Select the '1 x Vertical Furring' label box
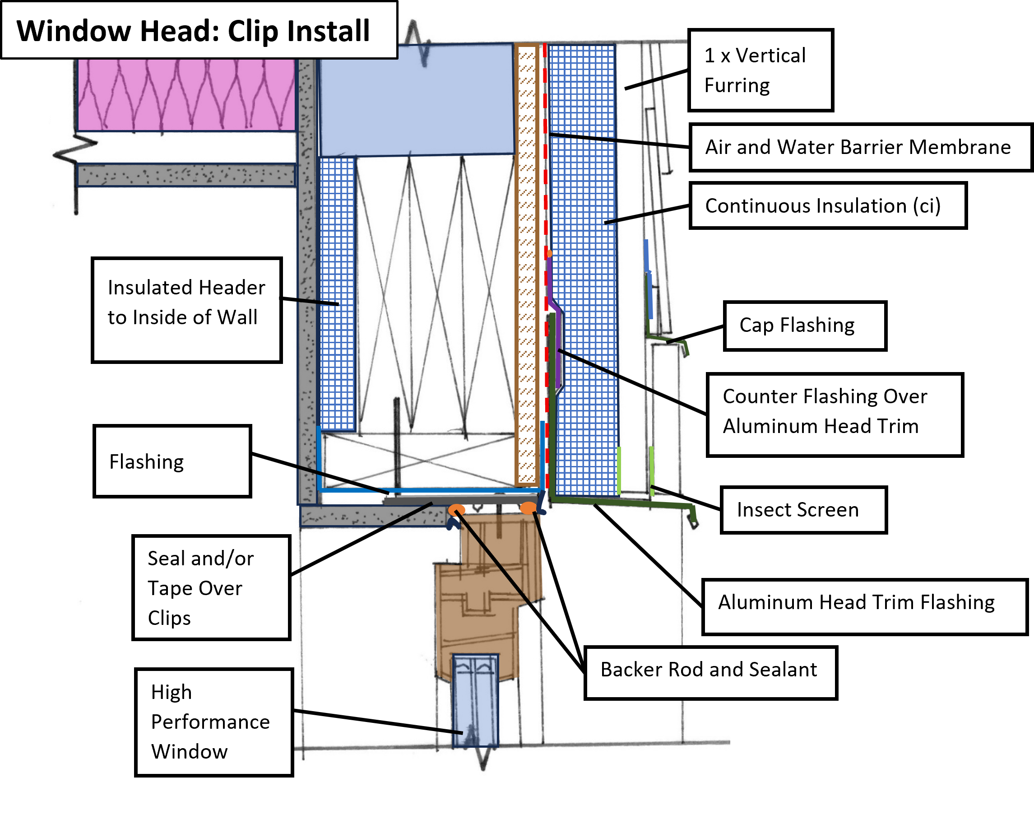pyautogui.click(x=760, y=70)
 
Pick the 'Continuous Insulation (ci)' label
pyautogui.click(x=828, y=205)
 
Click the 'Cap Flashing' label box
pyautogui.click(x=805, y=326)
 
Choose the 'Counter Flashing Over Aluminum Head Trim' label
pyautogui.click(x=835, y=414)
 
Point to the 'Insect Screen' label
pyautogui.click(x=804, y=510)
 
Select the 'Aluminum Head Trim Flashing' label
pyautogui.click(x=865, y=606)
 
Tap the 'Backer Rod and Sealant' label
pyautogui.click(x=711, y=673)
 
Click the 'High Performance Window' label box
pyautogui.click(x=213, y=722)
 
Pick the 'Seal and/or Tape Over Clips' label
pyautogui.click(x=211, y=587)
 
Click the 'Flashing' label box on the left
pyautogui.click(x=172, y=461)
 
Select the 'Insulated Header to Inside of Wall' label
pyautogui.click(x=186, y=310)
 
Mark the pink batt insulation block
pyautogui.click(x=186, y=94)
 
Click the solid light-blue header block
pyautogui.click(x=417, y=100)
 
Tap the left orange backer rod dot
pyautogui.click(x=456, y=510)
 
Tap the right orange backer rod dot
pyautogui.click(x=529, y=508)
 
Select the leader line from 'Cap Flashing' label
pyautogui.click(x=696, y=335)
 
